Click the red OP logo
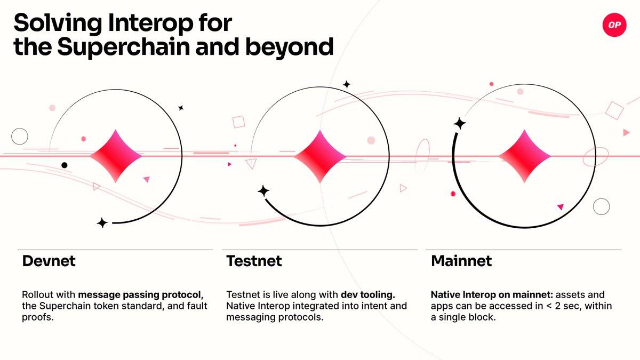click(614, 25)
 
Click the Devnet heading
click(49, 261)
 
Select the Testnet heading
click(254, 261)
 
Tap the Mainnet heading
click(461, 261)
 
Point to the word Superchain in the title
click(124, 47)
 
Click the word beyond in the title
click(290, 47)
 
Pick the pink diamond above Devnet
click(116, 156)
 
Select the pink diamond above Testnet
click(320, 156)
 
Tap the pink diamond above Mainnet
click(524, 156)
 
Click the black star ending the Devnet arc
click(102, 223)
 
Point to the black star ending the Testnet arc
click(263, 191)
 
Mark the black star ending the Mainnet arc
click(460, 123)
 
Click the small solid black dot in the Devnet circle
click(65, 165)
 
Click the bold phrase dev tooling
click(368, 294)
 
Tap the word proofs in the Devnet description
click(38, 317)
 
